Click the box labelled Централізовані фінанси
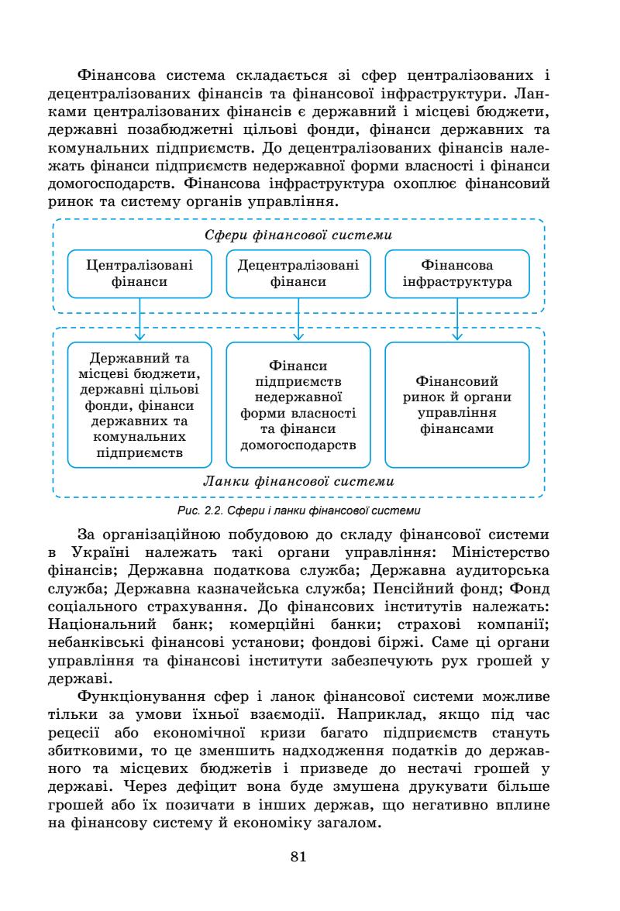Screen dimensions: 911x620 [139, 273]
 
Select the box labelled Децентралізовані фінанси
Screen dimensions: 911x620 [298, 273]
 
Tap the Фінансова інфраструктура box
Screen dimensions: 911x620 [457, 273]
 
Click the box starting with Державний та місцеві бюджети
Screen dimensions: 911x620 [139, 405]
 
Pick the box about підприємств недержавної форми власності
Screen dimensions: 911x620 [298, 405]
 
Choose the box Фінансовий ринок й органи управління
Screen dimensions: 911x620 [457, 405]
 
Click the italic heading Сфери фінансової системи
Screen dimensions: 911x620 [298, 234]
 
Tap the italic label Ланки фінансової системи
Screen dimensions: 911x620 [298, 481]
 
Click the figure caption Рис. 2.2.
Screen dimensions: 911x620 [298, 510]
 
